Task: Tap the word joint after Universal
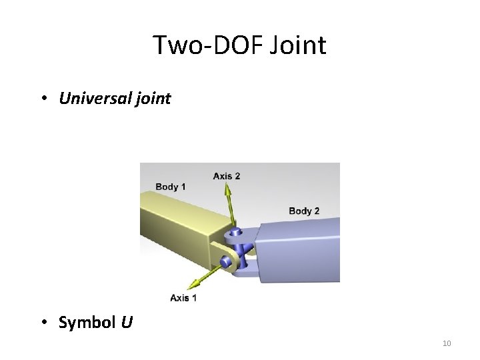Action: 154,99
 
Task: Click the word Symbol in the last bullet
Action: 86,323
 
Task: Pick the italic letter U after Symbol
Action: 127,323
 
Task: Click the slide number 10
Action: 447,343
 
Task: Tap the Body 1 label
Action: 171,187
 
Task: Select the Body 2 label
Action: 304,211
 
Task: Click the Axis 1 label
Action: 183,297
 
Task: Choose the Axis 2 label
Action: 227,176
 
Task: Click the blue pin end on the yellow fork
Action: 227,261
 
